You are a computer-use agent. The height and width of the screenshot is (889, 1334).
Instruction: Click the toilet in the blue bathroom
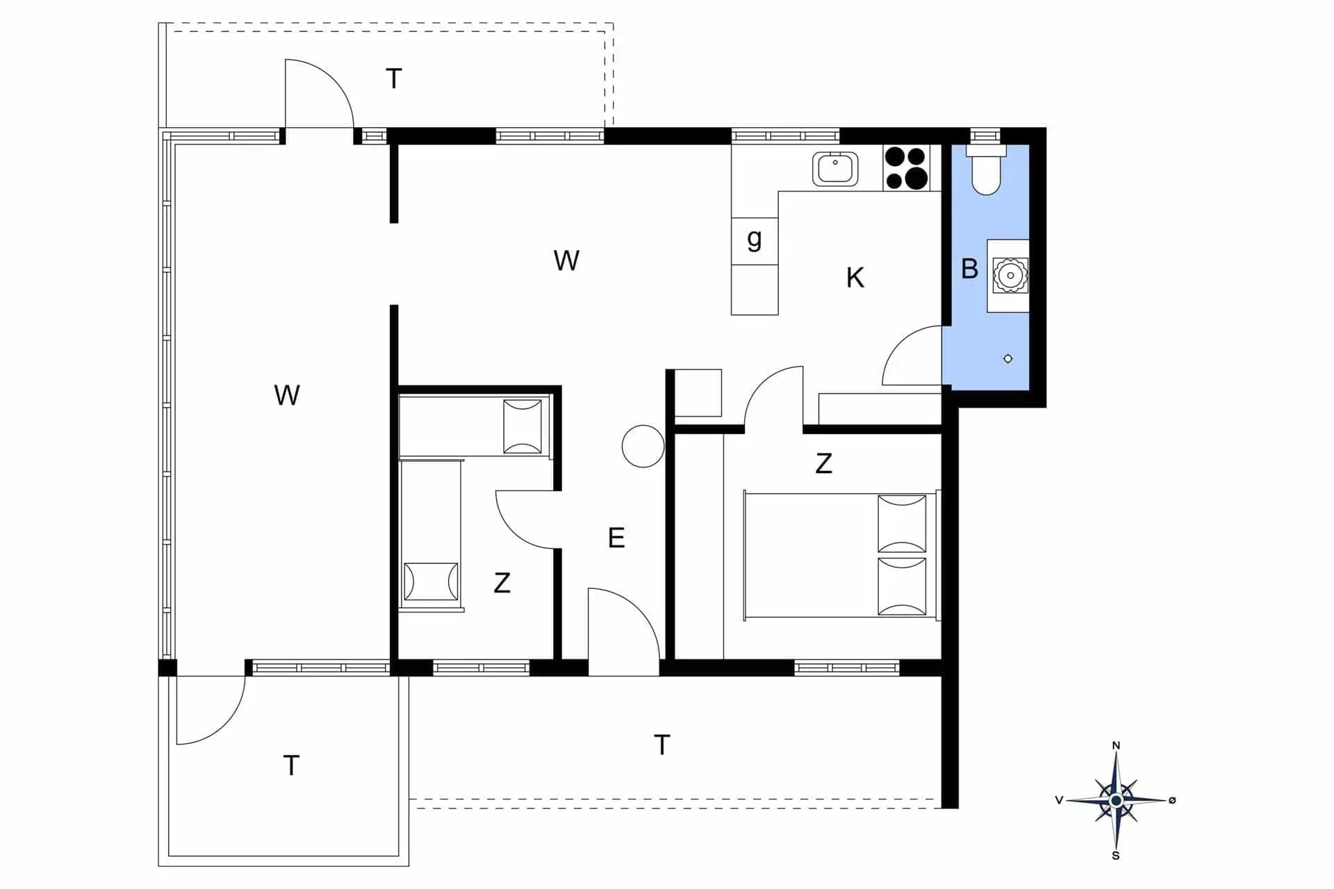click(986, 169)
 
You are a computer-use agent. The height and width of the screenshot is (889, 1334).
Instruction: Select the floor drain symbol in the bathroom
click(1008, 358)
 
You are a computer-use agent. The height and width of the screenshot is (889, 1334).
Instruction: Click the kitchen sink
click(835, 169)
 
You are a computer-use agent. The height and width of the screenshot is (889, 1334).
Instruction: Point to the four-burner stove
click(906, 167)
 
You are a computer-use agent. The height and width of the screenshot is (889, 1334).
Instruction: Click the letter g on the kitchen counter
click(755, 239)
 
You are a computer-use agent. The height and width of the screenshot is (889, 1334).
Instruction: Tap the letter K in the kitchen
click(855, 278)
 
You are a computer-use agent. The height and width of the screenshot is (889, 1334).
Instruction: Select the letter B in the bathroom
click(969, 269)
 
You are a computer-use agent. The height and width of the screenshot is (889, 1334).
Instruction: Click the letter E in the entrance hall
click(616, 538)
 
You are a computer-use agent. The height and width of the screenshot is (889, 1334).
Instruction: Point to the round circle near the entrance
click(643, 446)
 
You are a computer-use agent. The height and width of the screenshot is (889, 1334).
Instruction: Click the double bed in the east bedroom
click(841, 554)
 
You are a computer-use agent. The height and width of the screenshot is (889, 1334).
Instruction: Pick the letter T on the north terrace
click(394, 78)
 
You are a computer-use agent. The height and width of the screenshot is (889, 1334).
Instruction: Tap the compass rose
click(1116, 800)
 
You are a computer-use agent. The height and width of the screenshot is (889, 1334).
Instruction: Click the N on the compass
click(1117, 745)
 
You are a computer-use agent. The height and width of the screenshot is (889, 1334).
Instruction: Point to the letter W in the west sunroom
click(287, 395)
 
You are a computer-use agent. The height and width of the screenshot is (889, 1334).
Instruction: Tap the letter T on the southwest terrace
click(291, 765)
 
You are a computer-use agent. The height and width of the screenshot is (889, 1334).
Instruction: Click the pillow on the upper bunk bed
click(522, 426)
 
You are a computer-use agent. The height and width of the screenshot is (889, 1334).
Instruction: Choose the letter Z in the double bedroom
click(823, 463)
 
